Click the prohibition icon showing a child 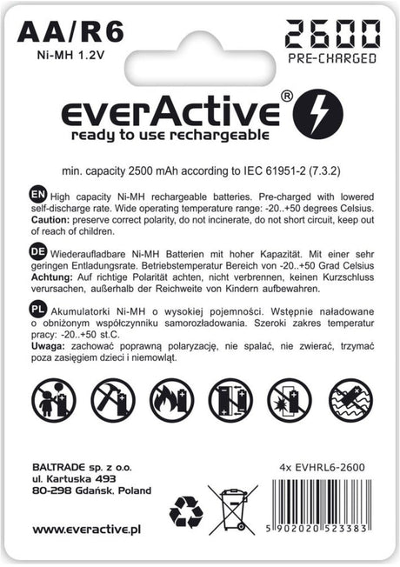(53, 399)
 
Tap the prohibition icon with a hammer (112, 399)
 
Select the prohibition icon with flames (171, 399)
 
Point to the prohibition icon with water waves (350, 399)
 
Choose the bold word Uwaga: (48, 345)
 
